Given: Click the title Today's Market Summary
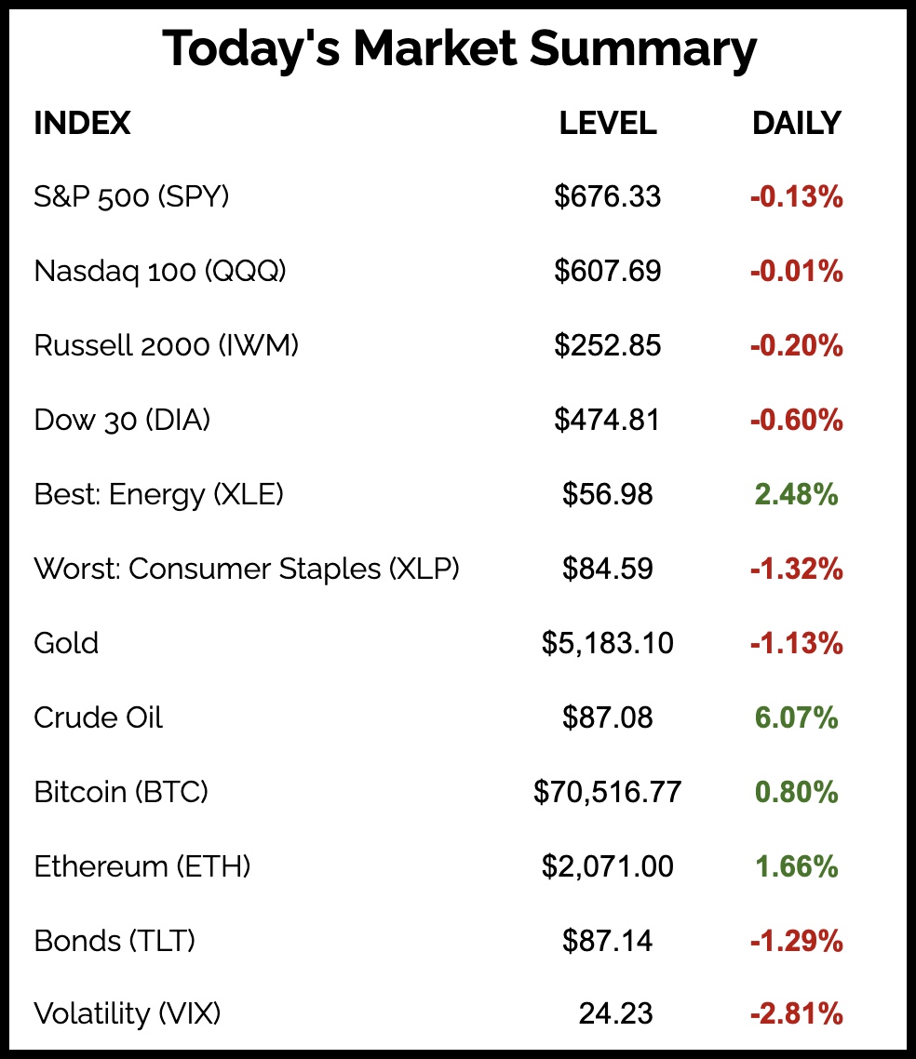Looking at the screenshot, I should tap(459, 49).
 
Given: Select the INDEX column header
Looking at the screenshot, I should tap(82, 124).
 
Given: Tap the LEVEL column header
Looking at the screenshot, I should tap(608, 124).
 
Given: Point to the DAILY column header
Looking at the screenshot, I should tap(796, 124).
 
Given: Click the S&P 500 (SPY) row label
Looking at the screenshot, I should tap(131, 197).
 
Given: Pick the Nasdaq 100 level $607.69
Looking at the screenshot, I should tap(608, 272).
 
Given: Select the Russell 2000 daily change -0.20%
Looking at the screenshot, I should tap(796, 346).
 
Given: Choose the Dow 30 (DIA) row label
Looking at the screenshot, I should tap(122, 421).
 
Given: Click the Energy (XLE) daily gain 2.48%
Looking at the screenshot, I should tap(796, 495).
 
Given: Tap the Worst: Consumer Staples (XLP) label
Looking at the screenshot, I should tap(247, 569).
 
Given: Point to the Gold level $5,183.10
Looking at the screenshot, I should tap(608, 643).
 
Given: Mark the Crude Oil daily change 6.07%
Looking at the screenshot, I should tap(796, 717).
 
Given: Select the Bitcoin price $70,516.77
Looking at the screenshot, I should tap(608, 792).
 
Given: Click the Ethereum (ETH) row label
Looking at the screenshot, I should tap(142, 866).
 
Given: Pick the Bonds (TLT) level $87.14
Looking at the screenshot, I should tap(608, 941).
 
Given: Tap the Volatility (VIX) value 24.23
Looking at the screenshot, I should tap(615, 1013).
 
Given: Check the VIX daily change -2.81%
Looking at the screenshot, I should tap(796, 1013).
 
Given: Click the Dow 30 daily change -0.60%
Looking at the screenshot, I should tap(796, 421).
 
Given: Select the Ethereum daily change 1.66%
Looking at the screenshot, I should tap(796, 866).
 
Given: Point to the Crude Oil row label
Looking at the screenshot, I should tap(98, 717).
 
